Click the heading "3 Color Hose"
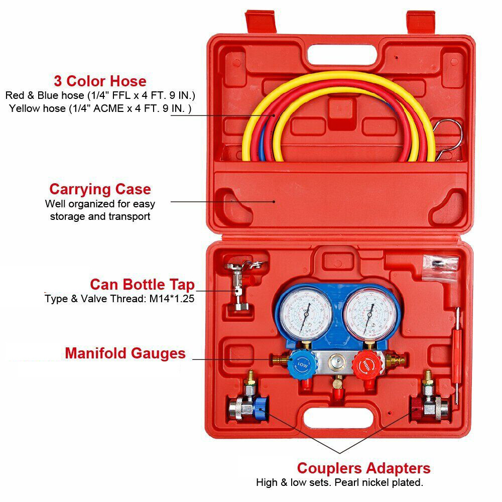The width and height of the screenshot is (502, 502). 100,81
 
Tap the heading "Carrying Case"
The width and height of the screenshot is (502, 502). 100,189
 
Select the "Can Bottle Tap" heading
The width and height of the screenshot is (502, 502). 142,285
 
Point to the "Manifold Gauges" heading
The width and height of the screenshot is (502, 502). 125,353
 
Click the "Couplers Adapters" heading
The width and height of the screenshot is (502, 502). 363,468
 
